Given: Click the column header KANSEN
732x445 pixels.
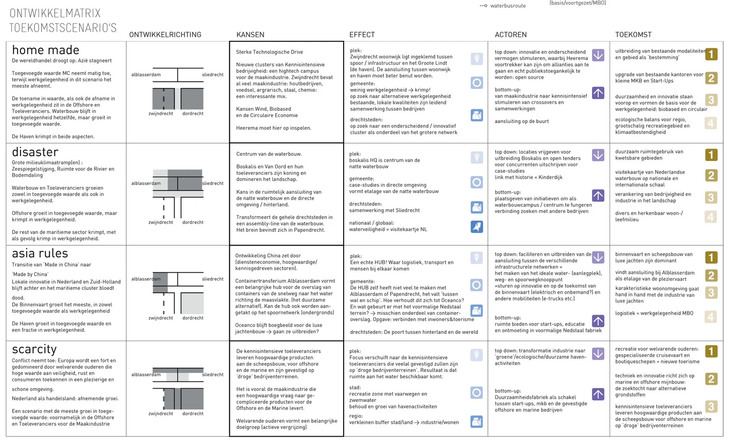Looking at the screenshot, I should tap(250, 35).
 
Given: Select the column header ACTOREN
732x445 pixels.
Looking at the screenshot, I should tap(510, 35).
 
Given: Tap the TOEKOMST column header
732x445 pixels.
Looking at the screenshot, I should tap(633, 35).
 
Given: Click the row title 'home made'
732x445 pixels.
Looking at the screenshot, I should tap(45, 50).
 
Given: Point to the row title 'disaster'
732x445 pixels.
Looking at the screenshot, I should tap(35, 152).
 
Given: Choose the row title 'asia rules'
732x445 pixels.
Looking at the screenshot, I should tap(40, 254).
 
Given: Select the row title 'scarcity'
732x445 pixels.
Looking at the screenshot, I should tap(34, 349).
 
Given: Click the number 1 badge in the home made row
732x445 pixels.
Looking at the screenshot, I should tap(711, 54).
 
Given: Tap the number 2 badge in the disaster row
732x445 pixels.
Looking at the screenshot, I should tap(711, 176).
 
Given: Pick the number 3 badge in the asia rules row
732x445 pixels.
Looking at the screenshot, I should tap(711, 293).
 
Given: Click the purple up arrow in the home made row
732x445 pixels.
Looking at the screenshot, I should tap(598, 93).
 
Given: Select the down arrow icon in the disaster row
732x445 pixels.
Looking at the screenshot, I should tap(598, 155).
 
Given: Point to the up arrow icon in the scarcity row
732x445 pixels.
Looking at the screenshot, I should tap(598, 394).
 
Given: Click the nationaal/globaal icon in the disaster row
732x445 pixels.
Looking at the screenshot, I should tap(477, 226).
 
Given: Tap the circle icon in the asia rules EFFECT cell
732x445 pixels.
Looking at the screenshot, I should tap(477, 285).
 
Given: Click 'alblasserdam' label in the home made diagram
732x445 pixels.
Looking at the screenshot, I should tap(146, 75).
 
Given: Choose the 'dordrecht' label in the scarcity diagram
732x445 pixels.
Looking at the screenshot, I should tap(193, 414).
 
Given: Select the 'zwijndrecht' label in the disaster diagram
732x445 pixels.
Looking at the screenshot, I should tap(161, 222).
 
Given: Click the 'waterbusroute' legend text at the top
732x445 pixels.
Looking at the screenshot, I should tap(508, 6).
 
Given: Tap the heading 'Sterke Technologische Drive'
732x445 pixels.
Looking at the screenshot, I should tap(269, 52).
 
